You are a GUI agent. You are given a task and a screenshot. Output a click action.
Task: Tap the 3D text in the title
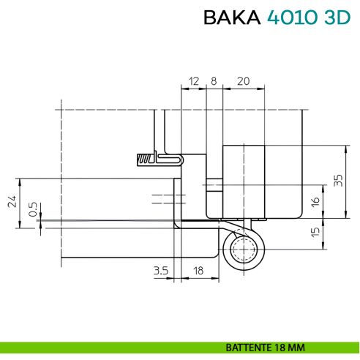(x=334, y=18)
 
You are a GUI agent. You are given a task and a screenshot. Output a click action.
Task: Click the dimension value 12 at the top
(x=193, y=80)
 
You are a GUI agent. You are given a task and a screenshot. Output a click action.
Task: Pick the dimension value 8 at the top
(x=214, y=80)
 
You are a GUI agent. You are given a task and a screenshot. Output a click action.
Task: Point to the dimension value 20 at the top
(x=243, y=80)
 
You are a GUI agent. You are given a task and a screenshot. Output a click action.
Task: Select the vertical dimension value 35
(x=337, y=181)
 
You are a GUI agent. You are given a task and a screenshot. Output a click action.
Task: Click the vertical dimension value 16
(x=315, y=200)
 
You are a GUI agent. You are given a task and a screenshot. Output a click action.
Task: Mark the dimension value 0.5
(x=32, y=210)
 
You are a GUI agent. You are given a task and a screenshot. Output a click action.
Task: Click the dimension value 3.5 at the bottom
(x=161, y=271)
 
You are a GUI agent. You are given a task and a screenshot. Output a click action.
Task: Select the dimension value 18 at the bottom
(x=198, y=271)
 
